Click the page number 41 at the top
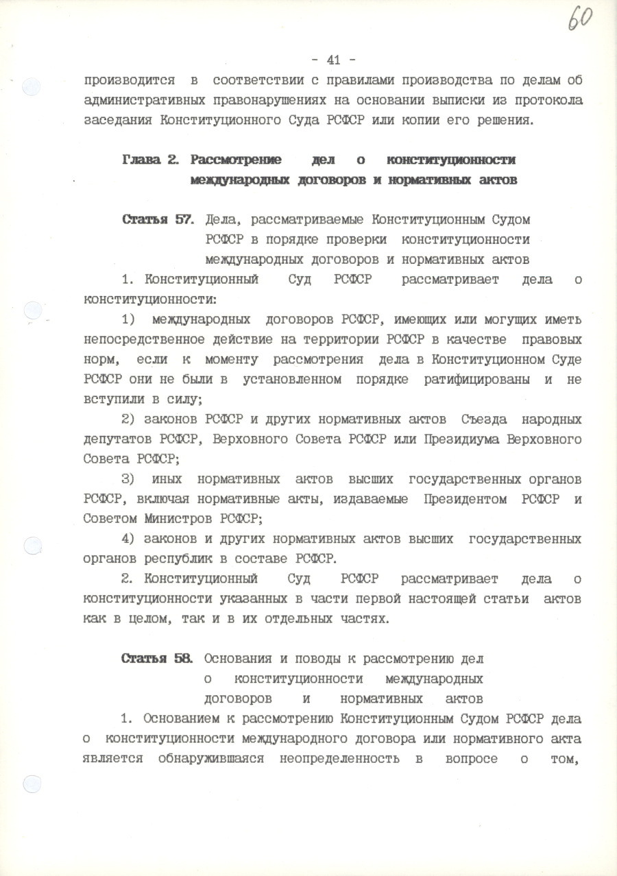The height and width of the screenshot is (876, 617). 333,60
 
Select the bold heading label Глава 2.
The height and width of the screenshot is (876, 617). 151,160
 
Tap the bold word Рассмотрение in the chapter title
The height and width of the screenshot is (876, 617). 237,160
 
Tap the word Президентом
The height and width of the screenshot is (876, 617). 468,499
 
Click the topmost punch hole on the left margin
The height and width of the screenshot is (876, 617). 32,87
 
